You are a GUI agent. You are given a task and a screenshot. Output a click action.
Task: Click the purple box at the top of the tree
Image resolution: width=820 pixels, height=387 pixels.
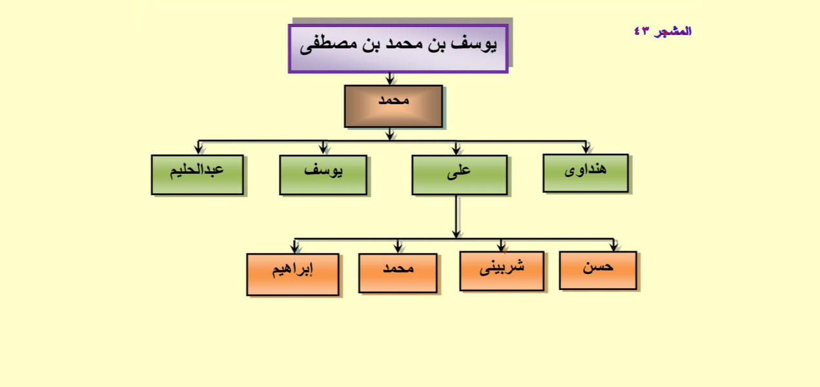coord(398,48)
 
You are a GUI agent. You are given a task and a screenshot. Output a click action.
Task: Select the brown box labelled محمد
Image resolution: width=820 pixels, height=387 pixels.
coord(393,106)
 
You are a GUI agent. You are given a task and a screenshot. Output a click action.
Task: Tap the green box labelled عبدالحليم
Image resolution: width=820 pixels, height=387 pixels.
coord(198,174)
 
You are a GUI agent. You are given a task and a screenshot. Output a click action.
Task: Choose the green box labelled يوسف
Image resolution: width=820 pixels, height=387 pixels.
coord(323,175)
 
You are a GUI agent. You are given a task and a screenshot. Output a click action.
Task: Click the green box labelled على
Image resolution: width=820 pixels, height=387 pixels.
coord(460,175)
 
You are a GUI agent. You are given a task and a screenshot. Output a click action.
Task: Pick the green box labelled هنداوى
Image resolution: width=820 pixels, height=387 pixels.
coord(586,173)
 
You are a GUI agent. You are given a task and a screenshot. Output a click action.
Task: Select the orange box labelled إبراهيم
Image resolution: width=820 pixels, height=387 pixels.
coord(293,275)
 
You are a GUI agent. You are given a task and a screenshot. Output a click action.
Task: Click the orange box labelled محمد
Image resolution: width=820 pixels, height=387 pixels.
coord(398,273)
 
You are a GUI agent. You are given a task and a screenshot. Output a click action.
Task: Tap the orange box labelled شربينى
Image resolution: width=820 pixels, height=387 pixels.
coord(502,271)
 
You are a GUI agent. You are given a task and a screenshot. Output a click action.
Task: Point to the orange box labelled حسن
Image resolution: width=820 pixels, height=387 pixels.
coord(598,271)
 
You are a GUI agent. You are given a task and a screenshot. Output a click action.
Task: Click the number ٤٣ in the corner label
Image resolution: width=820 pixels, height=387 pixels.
coord(641,32)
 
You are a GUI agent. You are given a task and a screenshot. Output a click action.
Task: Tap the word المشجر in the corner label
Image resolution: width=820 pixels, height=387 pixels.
coord(673,32)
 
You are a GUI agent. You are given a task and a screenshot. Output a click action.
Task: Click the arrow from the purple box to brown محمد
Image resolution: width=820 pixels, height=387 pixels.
coord(390,79)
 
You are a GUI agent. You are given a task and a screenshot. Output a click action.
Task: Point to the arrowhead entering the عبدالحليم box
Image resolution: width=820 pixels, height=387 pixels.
coord(198,150)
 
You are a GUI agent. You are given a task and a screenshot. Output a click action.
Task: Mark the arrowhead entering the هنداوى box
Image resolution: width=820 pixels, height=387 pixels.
coord(586,149)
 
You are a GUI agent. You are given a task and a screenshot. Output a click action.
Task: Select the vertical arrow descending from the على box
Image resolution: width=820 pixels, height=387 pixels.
coord(456,216)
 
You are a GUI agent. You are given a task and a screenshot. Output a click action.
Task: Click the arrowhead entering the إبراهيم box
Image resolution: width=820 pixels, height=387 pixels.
coord(294,249)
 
